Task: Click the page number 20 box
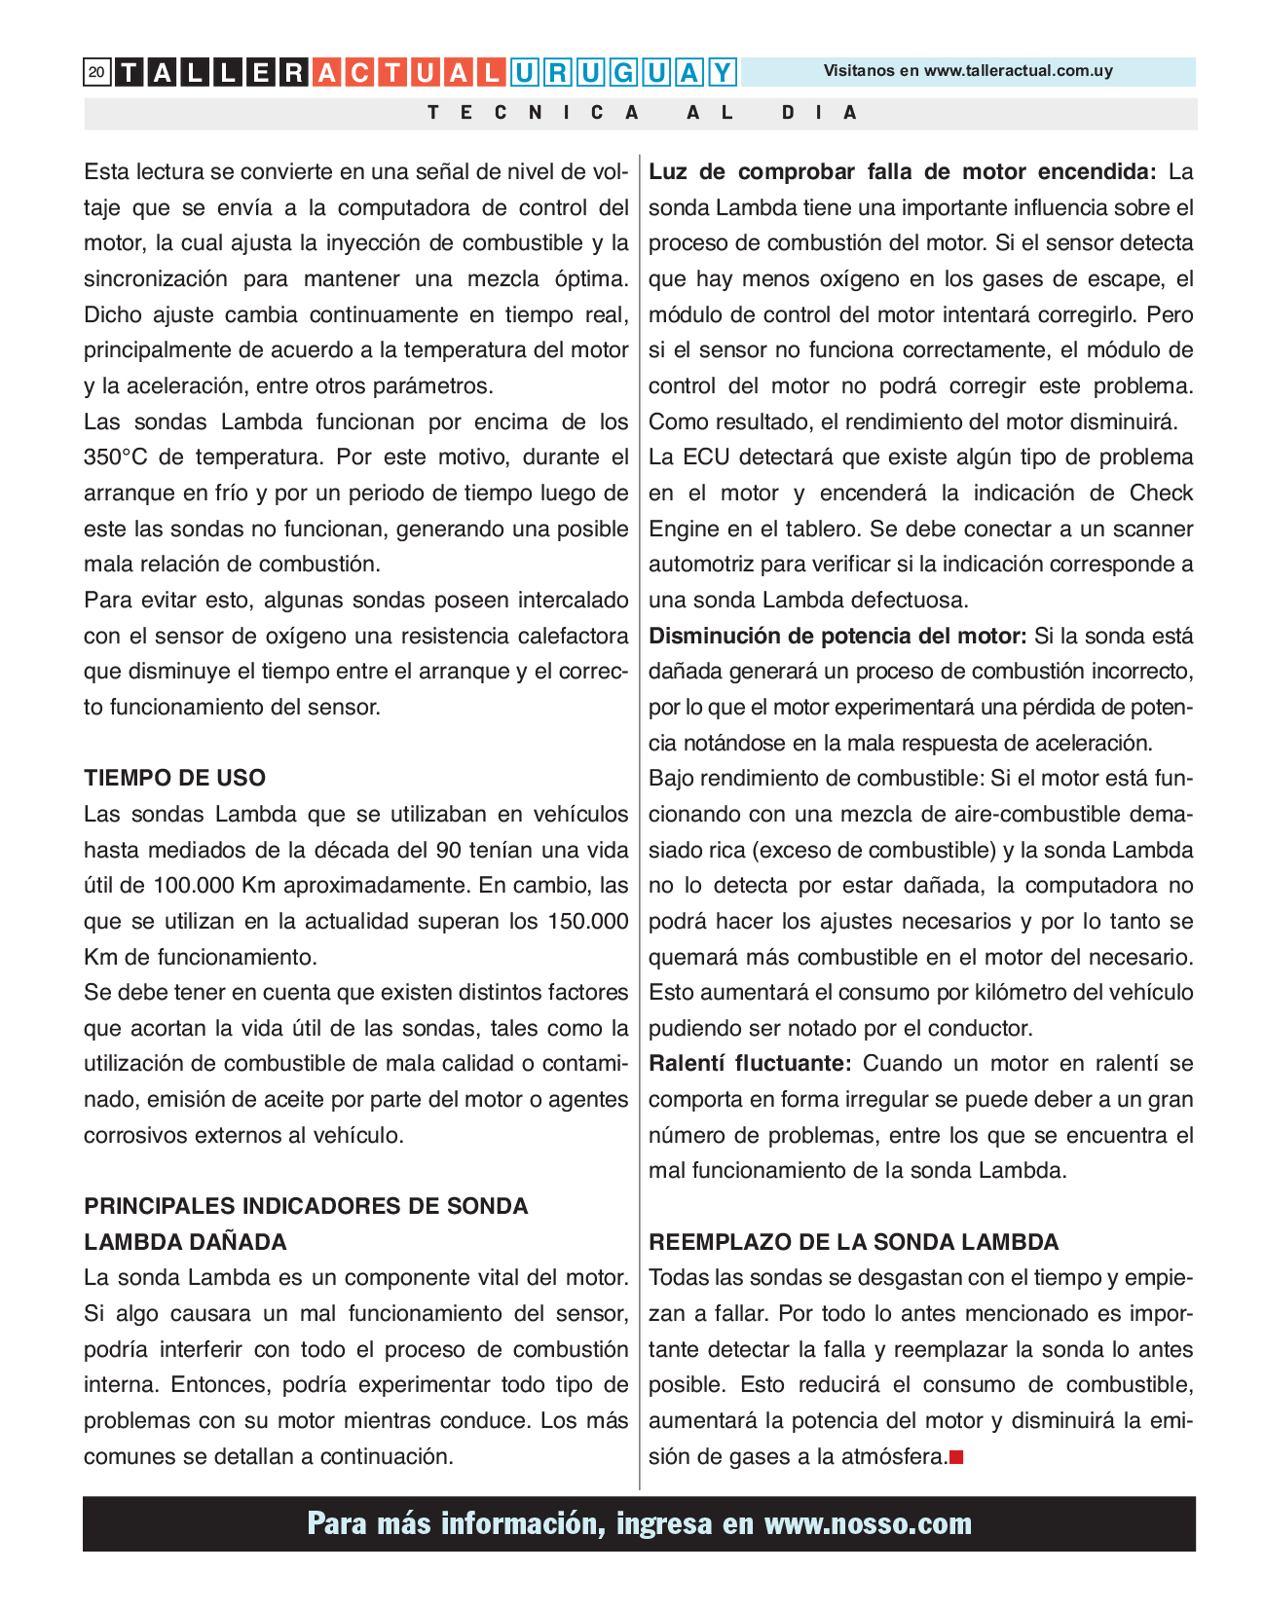96,72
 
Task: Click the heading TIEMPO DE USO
174,778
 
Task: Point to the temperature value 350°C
117,457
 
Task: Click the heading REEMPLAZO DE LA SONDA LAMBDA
853,1242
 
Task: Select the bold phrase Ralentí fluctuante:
750,1063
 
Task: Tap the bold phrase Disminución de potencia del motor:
837,637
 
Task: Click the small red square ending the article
956,1457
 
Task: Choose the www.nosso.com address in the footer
868,1523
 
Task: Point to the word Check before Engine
1161,493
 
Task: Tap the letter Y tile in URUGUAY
722,73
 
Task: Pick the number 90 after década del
448,850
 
